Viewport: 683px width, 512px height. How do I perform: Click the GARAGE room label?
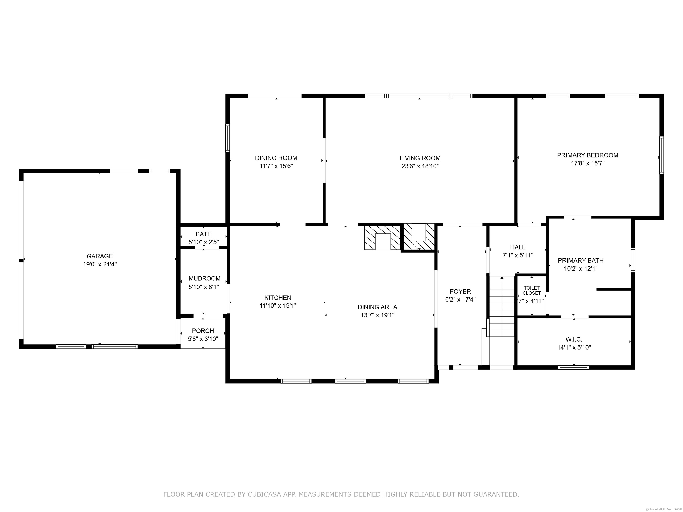coord(100,256)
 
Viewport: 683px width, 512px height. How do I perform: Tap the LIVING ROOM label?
coord(420,158)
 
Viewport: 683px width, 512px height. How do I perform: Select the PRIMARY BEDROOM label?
coord(588,155)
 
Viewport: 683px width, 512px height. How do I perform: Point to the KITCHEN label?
coord(278,298)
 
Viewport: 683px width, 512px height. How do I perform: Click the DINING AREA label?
coord(377,307)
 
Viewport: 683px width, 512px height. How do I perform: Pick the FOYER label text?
coord(460,291)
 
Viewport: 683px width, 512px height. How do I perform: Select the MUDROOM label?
coord(204,279)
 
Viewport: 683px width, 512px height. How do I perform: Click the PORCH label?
coord(203,331)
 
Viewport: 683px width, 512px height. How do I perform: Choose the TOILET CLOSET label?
coord(532,290)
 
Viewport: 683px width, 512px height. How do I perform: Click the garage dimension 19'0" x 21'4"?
coord(100,264)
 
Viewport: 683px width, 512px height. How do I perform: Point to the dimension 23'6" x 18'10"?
coord(420,166)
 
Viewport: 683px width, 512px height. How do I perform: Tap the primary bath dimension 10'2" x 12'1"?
coord(581,268)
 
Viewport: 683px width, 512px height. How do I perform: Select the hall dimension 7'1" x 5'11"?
coord(518,255)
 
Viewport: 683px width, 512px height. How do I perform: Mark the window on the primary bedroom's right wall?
coord(661,155)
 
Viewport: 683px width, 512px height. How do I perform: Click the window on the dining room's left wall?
coord(228,138)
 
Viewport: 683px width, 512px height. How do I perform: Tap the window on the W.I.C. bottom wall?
coord(574,367)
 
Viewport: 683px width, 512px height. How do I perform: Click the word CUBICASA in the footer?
coord(264,495)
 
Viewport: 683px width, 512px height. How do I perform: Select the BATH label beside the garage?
coord(203,234)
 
